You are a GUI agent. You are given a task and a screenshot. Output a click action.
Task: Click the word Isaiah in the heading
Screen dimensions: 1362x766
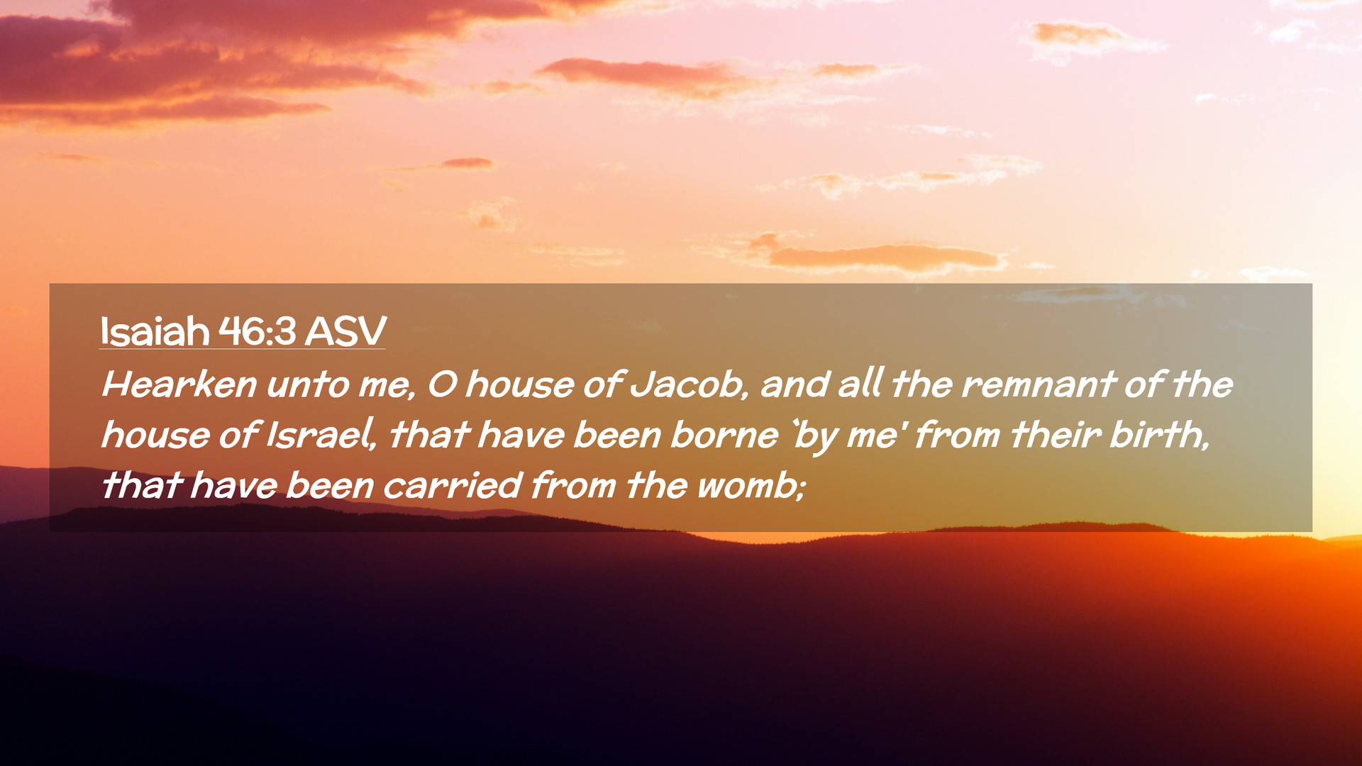click(x=155, y=331)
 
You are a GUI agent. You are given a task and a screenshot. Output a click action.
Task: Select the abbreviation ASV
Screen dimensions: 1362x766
click(x=345, y=331)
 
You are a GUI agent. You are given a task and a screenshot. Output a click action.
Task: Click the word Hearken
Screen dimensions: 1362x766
click(x=179, y=384)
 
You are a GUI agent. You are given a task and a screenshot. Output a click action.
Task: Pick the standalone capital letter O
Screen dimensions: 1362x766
click(x=442, y=384)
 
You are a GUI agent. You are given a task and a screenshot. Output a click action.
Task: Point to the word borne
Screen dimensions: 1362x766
click(x=724, y=435)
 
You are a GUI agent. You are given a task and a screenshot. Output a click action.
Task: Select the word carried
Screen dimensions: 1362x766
click(x=453, y=486)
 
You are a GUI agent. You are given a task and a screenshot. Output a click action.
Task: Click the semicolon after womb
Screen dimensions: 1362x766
click(x=802, y=489)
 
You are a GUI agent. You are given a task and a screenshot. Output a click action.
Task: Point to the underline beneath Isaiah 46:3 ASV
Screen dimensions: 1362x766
click(x=242, y=349)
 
